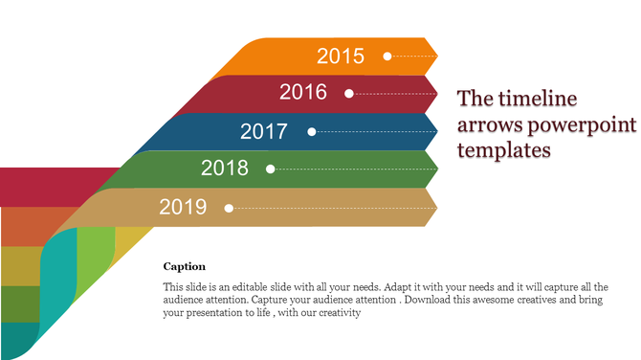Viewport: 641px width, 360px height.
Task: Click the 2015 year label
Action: click(x=341, y=56)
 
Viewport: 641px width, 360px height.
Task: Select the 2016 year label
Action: click(x=303, y=93)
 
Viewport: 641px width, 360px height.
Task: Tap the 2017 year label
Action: click(x=264, y=131)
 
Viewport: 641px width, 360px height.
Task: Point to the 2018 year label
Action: click(x=225, y=169)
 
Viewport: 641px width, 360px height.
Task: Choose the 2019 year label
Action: click(x=183, y=207)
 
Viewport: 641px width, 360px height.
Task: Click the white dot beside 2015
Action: click(x=387, y=56)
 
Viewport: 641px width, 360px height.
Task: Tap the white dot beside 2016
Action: click(x=349, y=94)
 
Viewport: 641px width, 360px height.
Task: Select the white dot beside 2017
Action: click(x=311, y=131)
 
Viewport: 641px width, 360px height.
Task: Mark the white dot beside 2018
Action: click(x=271, y=169)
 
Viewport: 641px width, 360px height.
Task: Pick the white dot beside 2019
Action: click(x=229, y=207)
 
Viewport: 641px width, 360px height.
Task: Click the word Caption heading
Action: click(x=185, y=266)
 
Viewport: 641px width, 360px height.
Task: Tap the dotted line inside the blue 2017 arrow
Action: click(x=373, y=131)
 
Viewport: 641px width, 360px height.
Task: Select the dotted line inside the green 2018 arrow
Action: click(x=354, y=169)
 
